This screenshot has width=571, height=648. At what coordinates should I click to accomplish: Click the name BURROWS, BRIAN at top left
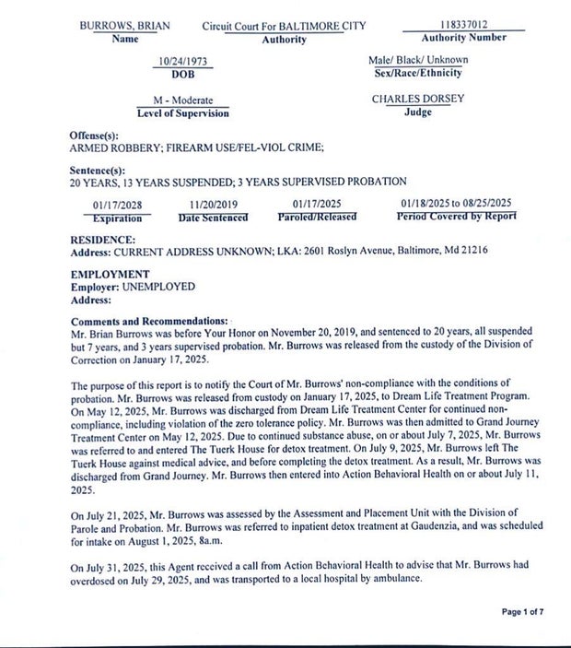(125, 26)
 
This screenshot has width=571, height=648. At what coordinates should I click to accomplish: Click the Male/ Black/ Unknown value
(418, 60)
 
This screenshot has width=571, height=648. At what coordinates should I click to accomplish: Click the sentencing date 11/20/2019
(213, 205)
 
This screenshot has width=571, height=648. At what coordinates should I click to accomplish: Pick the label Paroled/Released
(317, 218)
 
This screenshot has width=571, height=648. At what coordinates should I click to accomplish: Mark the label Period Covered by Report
(457, 217)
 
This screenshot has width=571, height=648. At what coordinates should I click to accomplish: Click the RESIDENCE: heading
(103, 239)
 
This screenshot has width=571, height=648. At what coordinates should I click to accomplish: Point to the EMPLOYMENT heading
(110, 274)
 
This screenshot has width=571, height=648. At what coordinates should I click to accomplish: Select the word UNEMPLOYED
(158, 287)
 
